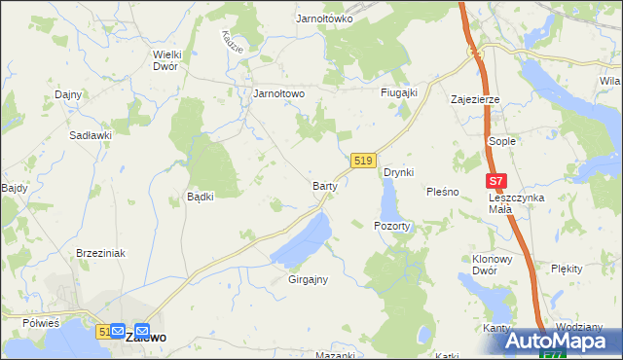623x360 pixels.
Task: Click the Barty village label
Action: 324,185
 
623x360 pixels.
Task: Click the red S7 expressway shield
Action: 497,181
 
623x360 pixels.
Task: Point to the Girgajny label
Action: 308,279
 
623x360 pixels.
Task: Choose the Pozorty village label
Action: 392,225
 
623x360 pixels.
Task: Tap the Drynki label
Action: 399,172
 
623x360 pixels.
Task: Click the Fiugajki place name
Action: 398,92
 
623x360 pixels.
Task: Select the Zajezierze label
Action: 475,99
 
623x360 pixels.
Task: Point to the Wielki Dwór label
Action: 173,60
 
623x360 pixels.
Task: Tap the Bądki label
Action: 200,196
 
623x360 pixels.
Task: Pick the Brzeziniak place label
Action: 101,252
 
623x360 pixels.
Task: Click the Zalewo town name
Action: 145,337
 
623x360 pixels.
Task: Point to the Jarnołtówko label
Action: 324,18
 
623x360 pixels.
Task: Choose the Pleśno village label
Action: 442,192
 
